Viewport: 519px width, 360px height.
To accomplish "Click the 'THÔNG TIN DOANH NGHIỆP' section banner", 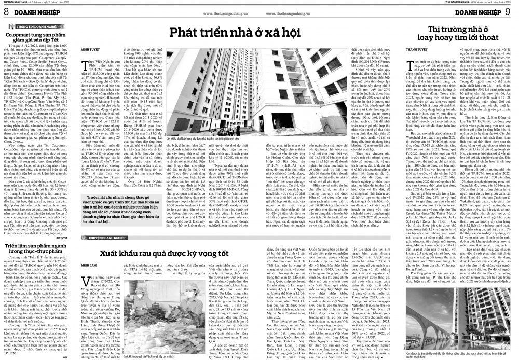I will pyautogui.click(x=34, y=24).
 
